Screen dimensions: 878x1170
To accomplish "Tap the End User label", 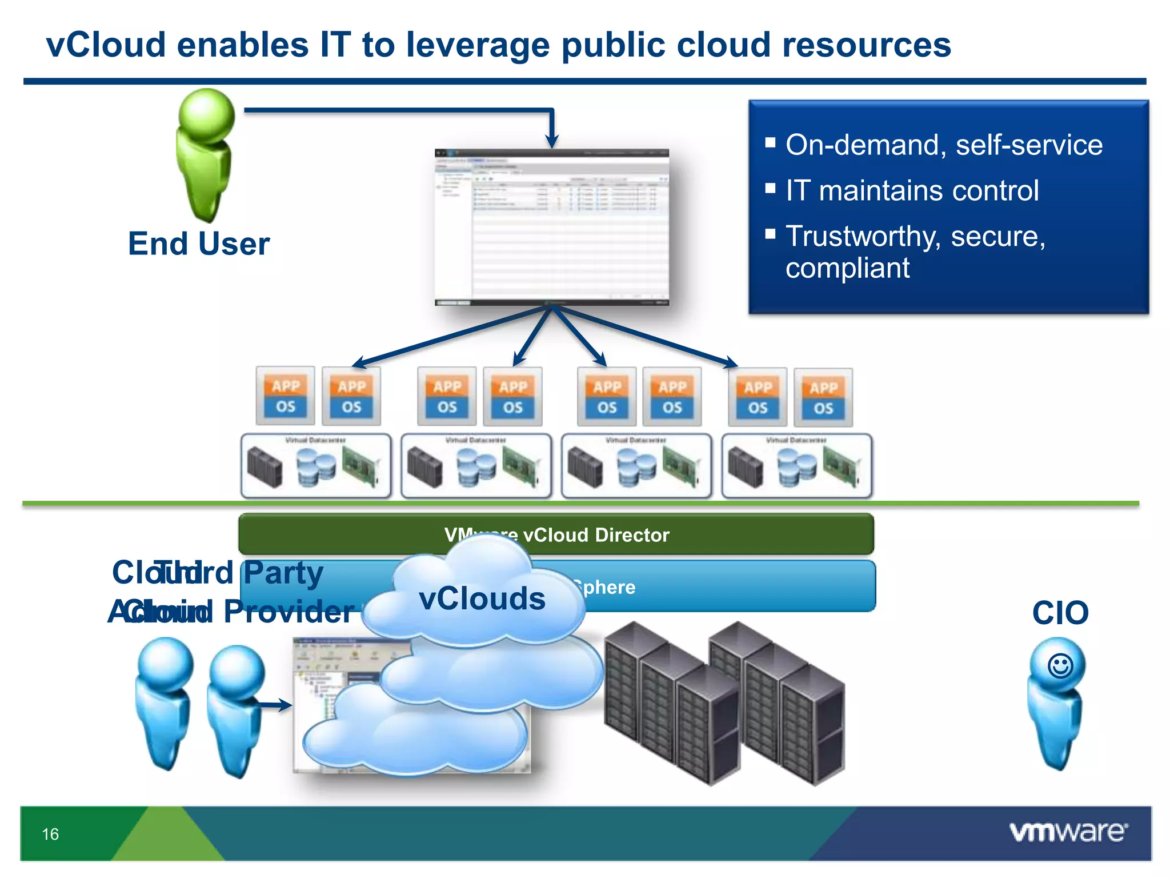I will click(x=198, y=244).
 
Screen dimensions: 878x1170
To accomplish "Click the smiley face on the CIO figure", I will click(x=1060, y=666).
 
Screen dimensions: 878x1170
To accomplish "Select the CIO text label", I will click(x=1060, y=613).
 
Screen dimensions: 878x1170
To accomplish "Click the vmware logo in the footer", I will click(x=1068, y=832).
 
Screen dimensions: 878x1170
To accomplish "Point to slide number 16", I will click(x=50, y=835).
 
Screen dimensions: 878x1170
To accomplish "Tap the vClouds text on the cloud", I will click(x=482, y=599).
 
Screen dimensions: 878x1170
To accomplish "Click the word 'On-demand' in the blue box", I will click(x=862, y=145).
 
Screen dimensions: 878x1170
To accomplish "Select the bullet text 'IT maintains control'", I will click(x=912, y=191).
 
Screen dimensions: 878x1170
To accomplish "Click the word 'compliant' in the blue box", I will click(x=847, y=269).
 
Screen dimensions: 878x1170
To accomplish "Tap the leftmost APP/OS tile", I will click(x=286, y=396).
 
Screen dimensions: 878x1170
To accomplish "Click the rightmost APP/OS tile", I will click(x=823, y=398).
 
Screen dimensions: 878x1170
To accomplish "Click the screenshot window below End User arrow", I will click(x=551, y=227).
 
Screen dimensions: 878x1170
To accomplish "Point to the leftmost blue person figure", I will click(x=165, y=703).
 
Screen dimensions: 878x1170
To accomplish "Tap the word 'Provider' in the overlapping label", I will click(x=289, y=612).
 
